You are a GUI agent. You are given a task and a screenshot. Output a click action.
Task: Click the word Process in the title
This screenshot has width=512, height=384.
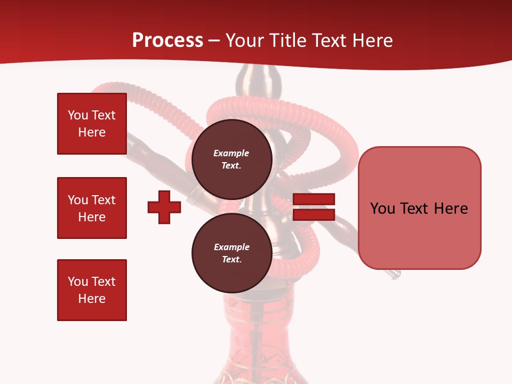[167, 41]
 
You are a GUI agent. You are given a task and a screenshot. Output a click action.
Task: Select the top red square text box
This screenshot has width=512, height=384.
[92, 124]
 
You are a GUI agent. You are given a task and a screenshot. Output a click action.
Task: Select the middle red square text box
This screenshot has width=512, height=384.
[92, 208]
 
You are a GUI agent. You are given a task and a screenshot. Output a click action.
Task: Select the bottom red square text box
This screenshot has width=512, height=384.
[92, 290]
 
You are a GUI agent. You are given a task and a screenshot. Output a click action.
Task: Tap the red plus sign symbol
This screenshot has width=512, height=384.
[164, 207]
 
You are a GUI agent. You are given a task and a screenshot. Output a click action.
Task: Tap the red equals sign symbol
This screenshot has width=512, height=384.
[314, 207]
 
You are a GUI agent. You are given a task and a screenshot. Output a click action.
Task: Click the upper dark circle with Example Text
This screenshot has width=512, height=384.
[231, 159]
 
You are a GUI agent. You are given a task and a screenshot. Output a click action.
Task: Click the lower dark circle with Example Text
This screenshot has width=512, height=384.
[231, 253]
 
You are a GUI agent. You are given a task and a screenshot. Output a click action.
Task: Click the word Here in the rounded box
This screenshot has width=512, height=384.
[451, 209]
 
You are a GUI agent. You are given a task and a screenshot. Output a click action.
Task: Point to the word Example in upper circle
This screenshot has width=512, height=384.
[231, 153]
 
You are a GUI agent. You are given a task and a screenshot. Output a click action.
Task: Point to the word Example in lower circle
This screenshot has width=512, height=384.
[231, 247]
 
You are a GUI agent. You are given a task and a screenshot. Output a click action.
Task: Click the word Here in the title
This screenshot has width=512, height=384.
[371, 41]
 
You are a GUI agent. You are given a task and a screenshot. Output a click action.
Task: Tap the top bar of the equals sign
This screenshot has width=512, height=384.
[314, 199]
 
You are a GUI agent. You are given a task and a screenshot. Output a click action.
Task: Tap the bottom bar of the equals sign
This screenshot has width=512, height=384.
[314, 214]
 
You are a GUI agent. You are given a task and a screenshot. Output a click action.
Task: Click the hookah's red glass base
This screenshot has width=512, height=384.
[256, 341]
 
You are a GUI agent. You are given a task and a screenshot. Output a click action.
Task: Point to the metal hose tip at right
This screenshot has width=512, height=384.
[394, 274]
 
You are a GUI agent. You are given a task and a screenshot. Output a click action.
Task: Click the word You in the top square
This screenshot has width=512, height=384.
[77, 115]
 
